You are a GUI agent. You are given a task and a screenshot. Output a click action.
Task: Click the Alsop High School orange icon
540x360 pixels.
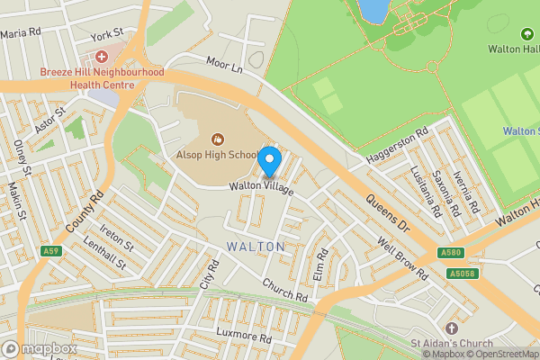[217, 139]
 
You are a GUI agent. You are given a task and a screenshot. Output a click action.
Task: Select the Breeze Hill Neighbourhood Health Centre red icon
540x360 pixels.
[102, 57]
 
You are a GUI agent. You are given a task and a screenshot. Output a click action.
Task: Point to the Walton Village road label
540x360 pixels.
[261, 186]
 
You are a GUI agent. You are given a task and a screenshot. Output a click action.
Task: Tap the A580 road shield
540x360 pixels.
[452, 254]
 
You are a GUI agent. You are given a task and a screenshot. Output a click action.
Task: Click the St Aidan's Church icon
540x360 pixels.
[450, 328]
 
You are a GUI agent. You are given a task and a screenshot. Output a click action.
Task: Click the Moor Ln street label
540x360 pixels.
[226, 66]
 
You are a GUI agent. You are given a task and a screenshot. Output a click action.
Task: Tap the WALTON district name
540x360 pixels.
[256, 247]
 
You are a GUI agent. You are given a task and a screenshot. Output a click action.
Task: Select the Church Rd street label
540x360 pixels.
[285, 289]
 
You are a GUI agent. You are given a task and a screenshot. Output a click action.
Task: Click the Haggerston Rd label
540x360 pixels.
[397, 149]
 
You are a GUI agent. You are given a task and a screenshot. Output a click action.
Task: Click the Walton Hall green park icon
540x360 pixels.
[527, 34]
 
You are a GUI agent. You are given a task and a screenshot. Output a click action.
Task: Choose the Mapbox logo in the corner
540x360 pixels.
[40, 348]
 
